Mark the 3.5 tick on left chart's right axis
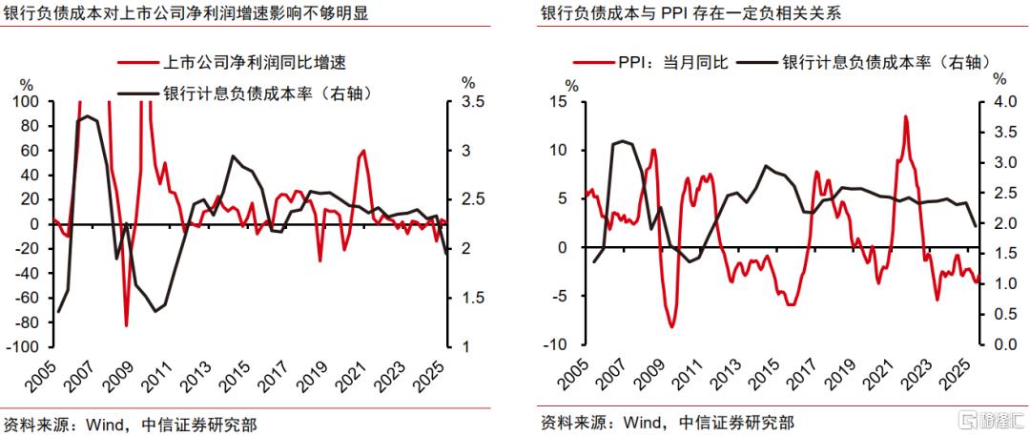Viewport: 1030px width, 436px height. click(472, 101)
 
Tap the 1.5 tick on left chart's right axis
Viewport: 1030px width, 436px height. click(472, 298)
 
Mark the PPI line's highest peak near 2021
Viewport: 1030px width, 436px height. click(905, 116)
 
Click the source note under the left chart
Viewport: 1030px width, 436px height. click(130, 423)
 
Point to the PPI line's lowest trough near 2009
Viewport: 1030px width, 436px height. click(672, 327)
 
